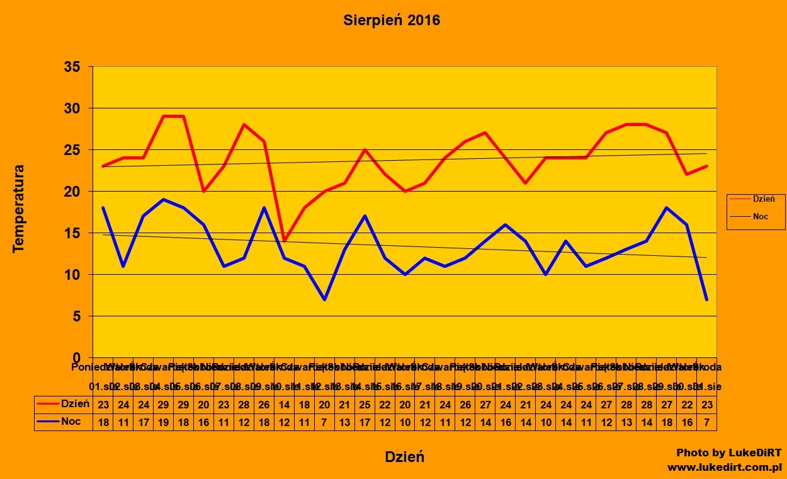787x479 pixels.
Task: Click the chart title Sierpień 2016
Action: [x=392, y=20]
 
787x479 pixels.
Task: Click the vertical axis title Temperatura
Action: [x=19, y=209]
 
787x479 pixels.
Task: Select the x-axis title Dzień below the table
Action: [x=404, y=457]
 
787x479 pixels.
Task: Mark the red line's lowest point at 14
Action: [x=285, y=241]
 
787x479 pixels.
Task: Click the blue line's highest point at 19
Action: [x=164, y=200]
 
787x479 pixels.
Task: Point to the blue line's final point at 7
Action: [x=706, y=299]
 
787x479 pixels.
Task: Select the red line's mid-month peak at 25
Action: [x=365, y=150]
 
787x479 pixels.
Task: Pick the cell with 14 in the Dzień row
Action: [x=285, y=404]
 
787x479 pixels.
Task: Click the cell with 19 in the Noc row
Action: [x=164, y=422]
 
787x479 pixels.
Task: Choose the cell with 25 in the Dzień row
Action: [x=365, y=404]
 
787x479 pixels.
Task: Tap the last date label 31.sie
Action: [x=708, y=385]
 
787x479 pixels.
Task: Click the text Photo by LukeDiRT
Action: [x=728, y=453]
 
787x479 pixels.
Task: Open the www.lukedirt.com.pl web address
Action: [x=724, y=467]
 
